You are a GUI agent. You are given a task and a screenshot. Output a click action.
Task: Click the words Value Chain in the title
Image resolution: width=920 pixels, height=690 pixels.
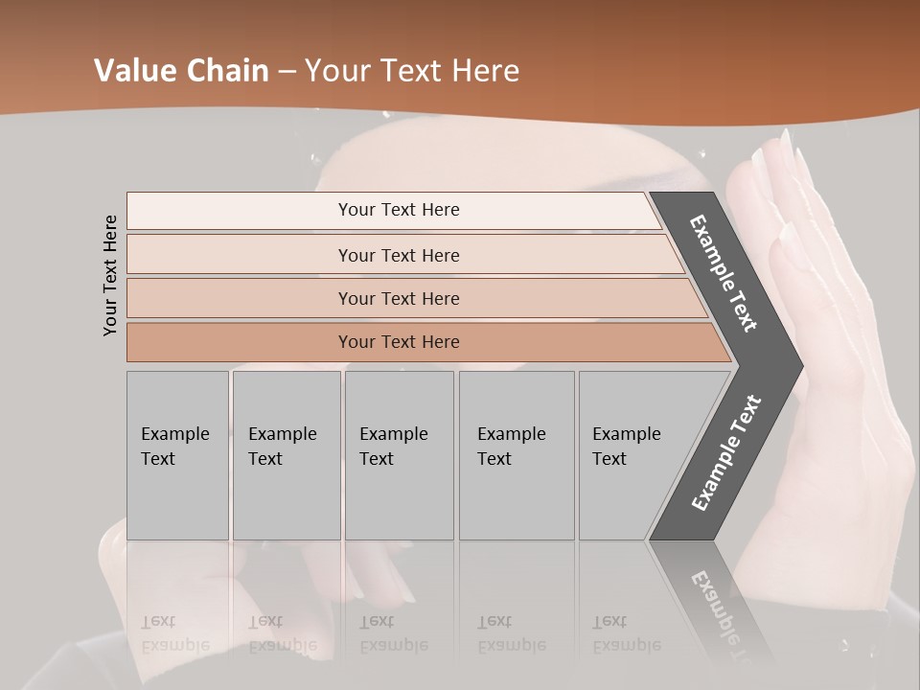pyautogui.click(x=181, y=71)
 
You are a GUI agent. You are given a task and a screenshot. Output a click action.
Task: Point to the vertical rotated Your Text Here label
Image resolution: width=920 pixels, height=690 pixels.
pyautogui.click(x=110, y=275)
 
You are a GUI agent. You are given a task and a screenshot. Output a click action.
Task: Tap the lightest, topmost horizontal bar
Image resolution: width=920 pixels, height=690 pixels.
pyautogui.click(x=398, y=210)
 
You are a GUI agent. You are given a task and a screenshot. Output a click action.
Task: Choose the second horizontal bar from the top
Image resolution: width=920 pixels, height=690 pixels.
pyautogui.click(x=398, y=255)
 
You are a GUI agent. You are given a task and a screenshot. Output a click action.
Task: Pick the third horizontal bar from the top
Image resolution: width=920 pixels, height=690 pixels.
pyautogui.click(x=398, y=298)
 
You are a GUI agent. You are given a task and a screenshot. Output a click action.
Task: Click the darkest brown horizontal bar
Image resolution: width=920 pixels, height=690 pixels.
pyautogui.click(x=398, y=342)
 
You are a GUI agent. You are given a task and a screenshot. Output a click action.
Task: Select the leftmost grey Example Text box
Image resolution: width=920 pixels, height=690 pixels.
pyautogui.click(x=177, y=455)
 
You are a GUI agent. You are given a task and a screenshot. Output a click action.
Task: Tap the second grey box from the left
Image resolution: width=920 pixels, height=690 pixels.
pyautogui.click(x=287, y=455)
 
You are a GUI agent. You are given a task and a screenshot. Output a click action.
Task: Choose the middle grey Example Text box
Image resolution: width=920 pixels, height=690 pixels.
pyautogui.click(x=399, y=455)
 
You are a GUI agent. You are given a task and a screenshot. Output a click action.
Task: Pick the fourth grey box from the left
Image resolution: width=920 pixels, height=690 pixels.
pyautogui.click(x=517, y=455)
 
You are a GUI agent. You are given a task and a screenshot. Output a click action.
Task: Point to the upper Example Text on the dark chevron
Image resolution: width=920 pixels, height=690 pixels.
pyautogui.click(x=724, y=273)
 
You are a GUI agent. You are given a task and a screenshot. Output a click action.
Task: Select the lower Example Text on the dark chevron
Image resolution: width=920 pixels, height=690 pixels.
pyautogui.click(x=725, y=453)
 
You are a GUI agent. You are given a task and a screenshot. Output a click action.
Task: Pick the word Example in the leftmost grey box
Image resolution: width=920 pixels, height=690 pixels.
pyautogui.click(x=174, y=434)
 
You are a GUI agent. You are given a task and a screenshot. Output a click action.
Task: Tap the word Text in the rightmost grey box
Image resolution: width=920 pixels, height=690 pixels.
pyautogui.click(x=609, y=459)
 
